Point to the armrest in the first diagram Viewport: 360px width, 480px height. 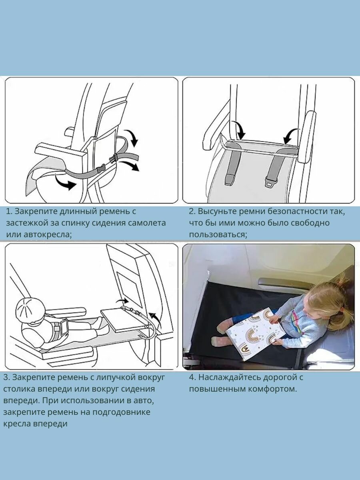(60, 152)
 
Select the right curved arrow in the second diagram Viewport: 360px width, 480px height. (291, 136)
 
